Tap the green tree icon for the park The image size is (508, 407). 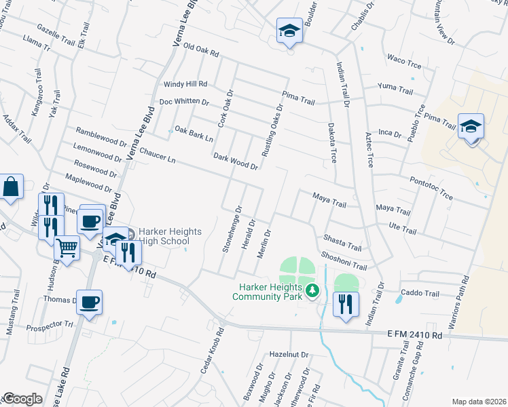tap(312, 291)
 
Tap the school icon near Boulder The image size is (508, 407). tap(289, 31)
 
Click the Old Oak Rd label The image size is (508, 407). tap(202, 52)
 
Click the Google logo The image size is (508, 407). tap(22, 399)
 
